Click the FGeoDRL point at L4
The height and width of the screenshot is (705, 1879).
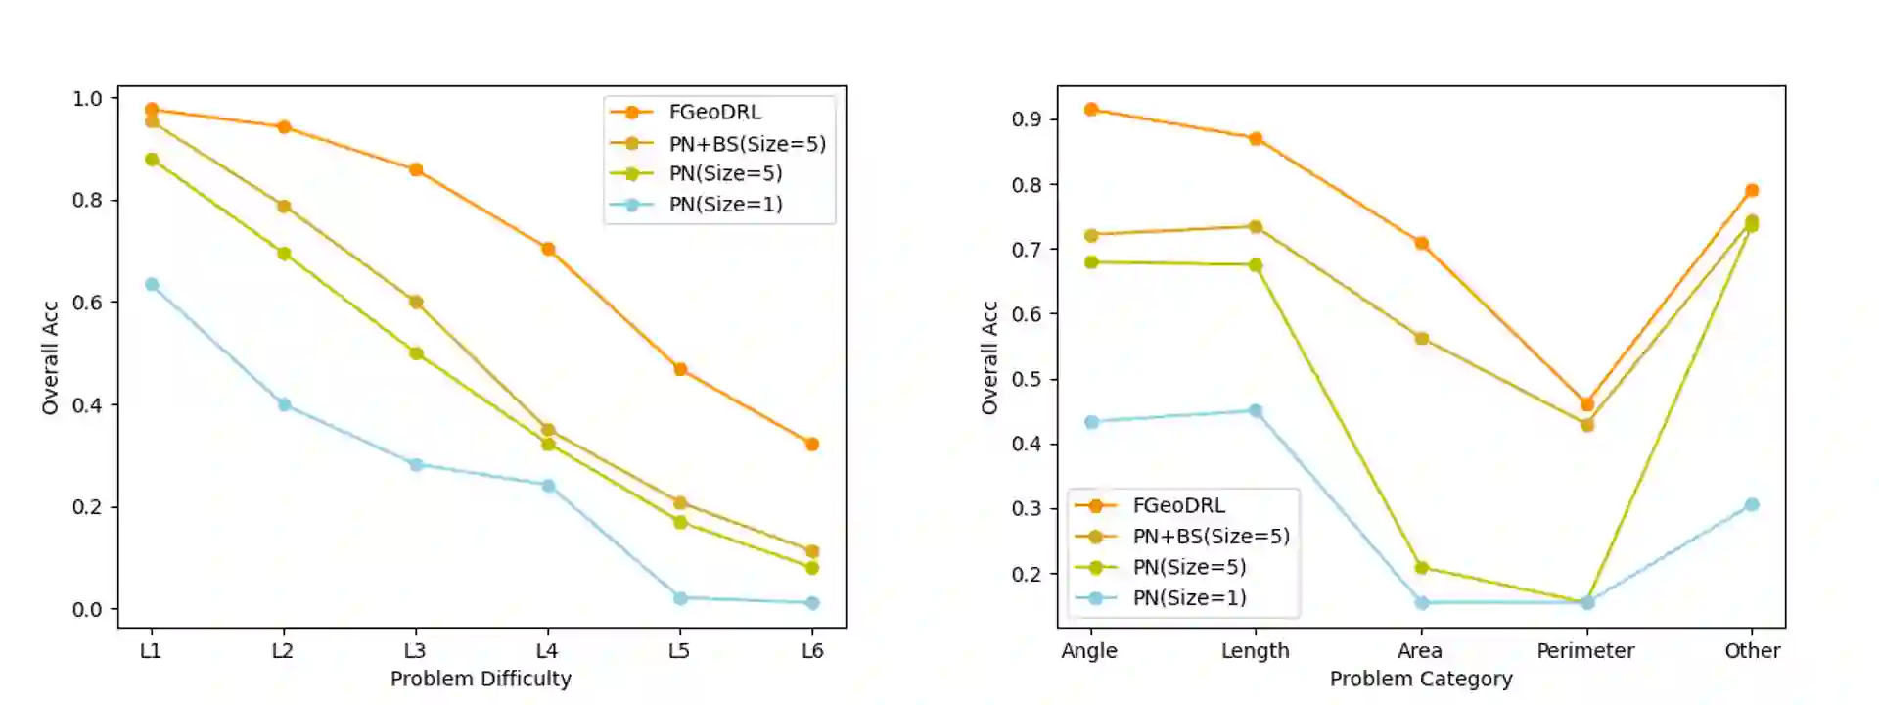[x=548, y=249]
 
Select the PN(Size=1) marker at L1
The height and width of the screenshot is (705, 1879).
[x=152, y=284]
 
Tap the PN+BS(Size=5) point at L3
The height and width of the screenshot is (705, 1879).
[x=416, y=302]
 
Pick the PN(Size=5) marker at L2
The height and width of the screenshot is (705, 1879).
[x=284, y=253]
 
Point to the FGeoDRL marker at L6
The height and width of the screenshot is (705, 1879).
[x=812, y=444]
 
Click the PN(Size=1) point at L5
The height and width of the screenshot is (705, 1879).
[x=680, y=597]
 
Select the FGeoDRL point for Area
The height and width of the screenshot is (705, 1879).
[x=1421, y=243]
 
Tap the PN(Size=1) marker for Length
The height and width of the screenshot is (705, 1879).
[x=1256, y=410]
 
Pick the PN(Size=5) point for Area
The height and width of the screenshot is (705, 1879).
[x=1421, y=567]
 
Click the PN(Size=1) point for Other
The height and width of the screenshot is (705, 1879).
[x=1752, y=504]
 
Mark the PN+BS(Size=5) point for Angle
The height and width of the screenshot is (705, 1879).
[x=1091, y=235]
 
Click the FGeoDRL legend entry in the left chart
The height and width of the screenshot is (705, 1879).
[x=714, y=113]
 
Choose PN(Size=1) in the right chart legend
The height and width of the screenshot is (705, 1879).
[x=1189, y=597]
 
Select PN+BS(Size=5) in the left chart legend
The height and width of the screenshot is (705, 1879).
[x=747, y=144]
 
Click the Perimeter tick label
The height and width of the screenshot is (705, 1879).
[x=1585, y=650]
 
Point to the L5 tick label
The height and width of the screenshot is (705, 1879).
[x=679, y=650]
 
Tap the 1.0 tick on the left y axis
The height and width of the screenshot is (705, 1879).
[x=87, y=98]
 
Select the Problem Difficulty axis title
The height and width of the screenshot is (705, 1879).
[x=481, y=679]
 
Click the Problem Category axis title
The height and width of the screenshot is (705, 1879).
[x=1421, y=679]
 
